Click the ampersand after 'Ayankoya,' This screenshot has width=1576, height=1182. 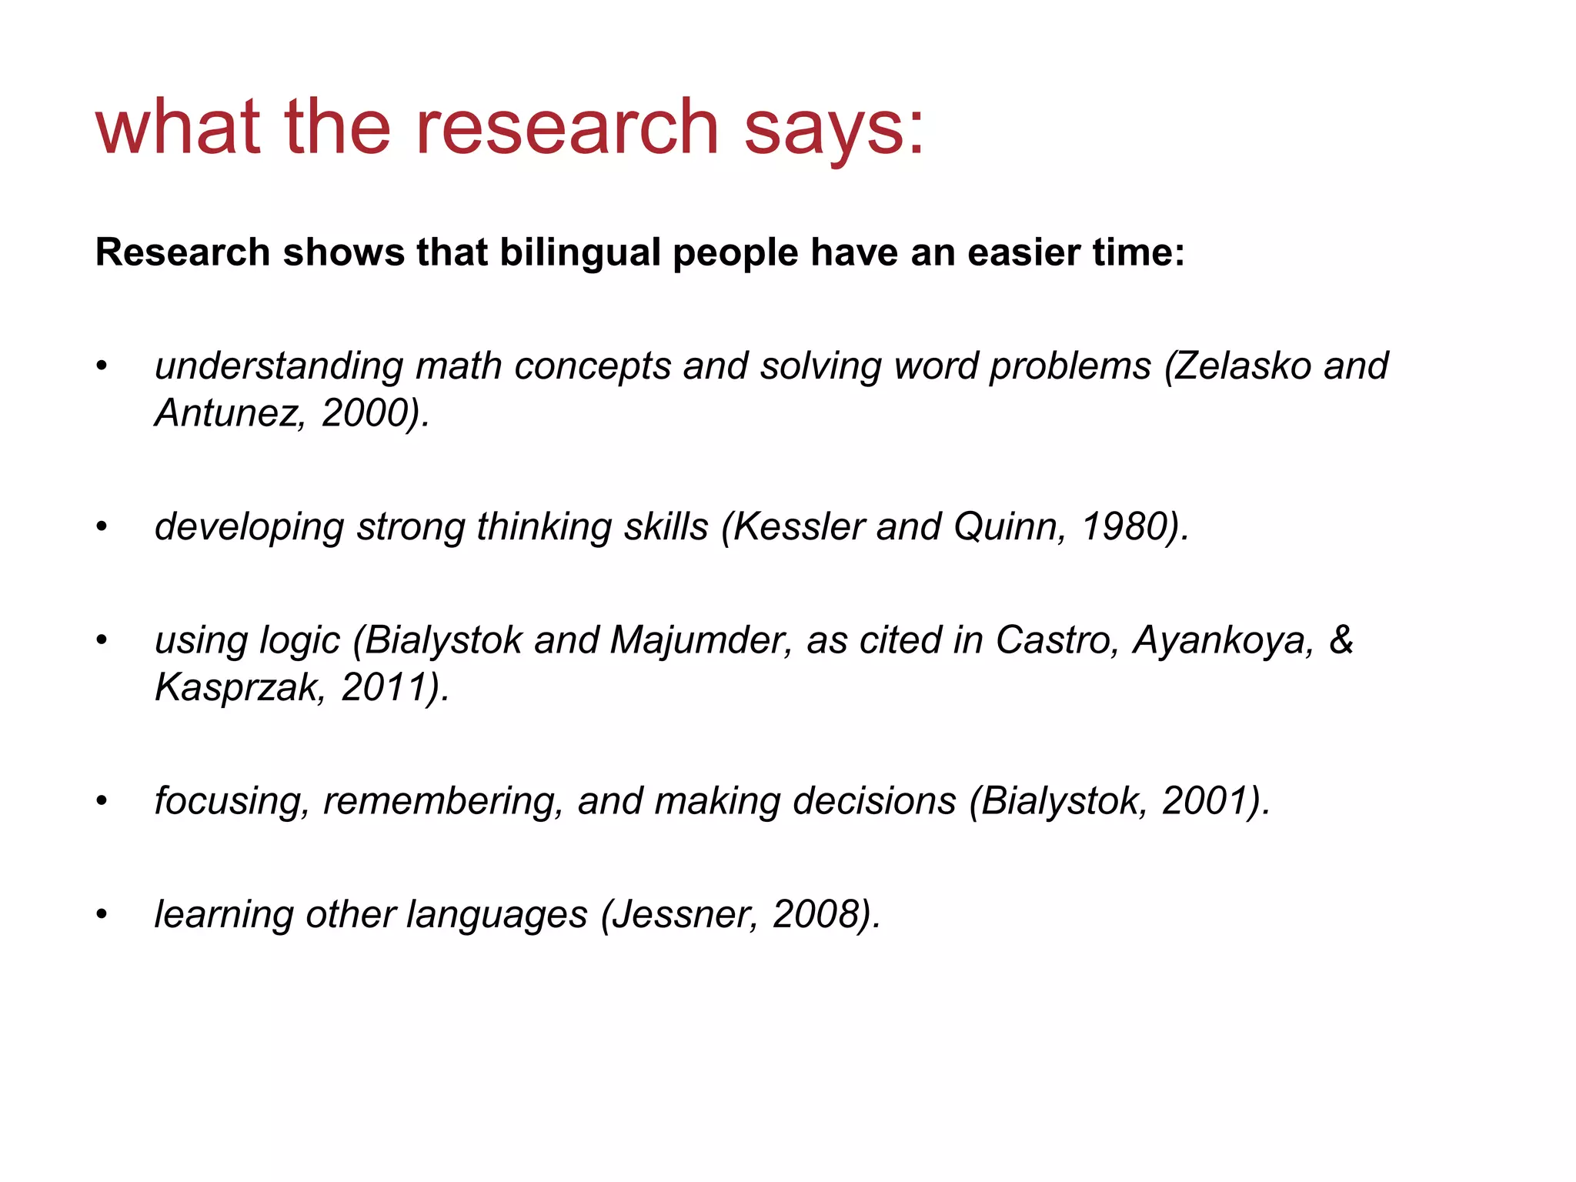[x=1341, y=640]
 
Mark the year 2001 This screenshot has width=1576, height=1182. [x=1204, y=801]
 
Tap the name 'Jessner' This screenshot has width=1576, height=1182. [x=687, y=915]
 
